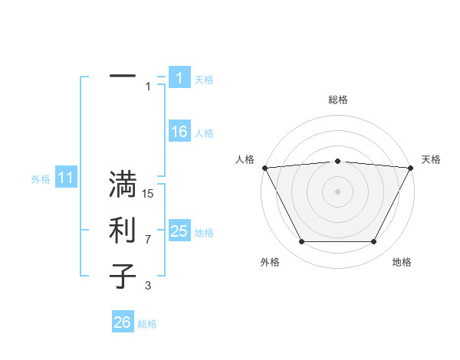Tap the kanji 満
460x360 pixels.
tap(123, 185)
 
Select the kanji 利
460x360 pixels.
tap(123, 231)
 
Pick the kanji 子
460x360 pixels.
tap(123, 277)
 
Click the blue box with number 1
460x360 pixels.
tap(179, 77)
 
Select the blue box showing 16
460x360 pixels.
tap(179, 132)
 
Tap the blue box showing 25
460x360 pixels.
tap(179, 231)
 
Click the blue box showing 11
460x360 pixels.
tap(65, 178)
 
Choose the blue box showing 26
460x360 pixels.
tap(123, 322)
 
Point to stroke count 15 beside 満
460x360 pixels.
tap(149, 194)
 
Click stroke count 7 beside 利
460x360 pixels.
tap(148, 240)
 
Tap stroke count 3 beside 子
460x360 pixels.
tap(148, 286)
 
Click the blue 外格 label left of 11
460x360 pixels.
tap(41, 179)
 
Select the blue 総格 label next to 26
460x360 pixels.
tap(147, 324)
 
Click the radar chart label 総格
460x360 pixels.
tap(338, 100)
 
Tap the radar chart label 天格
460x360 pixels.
tap(431, 159)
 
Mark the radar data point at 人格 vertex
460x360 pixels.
tap(264, 167)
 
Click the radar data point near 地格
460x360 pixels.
tap(374, 242)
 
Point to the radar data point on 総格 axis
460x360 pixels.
tap(338, 161)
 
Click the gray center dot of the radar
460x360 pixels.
tap(338, 191)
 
